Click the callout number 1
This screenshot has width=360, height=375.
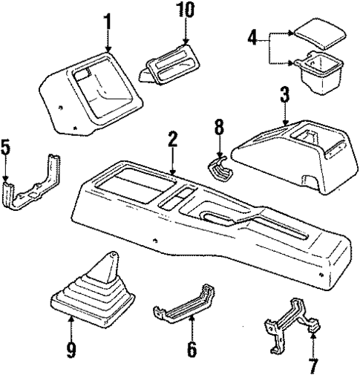108,22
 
